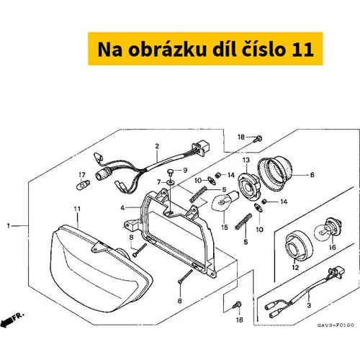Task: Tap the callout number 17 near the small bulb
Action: coord(82,175)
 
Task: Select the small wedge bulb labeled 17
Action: coord(83,186)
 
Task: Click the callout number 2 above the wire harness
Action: coord(157,146)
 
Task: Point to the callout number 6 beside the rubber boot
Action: coord(312,175)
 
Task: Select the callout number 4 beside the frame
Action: coord(122,208)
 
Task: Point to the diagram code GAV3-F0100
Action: coord(336,325)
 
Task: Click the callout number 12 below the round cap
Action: coord(295,267)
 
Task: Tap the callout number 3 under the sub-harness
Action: coord(309,305)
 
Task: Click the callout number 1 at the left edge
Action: coord(9,226)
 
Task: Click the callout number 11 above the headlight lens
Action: coord(77,209)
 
